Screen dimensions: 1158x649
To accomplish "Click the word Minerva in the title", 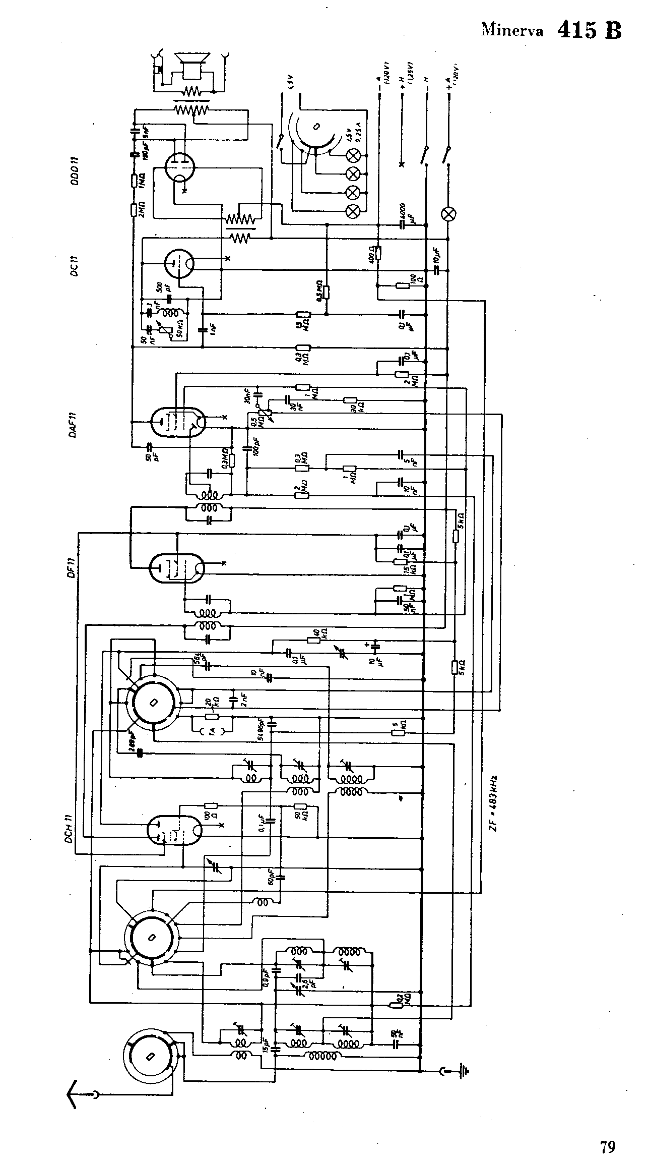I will point(512,30).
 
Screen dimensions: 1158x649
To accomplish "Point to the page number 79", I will point(607,1133).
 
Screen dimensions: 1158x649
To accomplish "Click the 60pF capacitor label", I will point(273,877).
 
